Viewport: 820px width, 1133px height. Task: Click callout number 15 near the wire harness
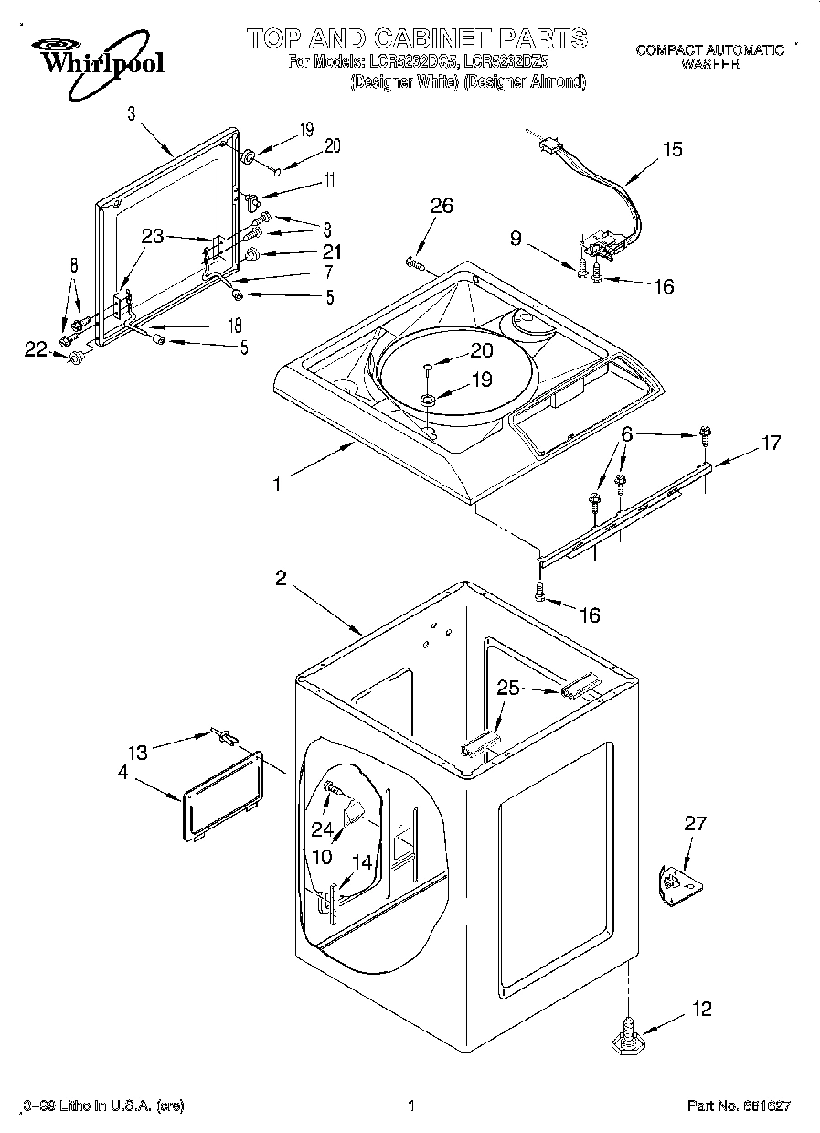[x=672, y=149]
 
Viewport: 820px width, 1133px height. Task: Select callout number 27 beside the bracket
[x=695, y=824]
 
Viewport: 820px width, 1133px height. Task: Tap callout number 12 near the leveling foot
[x=702, y=1010]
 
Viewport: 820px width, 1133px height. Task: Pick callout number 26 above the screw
[x=442, y=207]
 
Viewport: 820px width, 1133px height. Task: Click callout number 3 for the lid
[x=132, y=114]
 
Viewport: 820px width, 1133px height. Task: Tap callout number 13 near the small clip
[x=137, y=752]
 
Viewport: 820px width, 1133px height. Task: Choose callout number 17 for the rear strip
[x=771, y=443]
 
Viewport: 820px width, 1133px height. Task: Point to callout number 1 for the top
[x=277, y=486]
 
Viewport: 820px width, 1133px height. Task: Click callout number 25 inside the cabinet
[x=508, y=688]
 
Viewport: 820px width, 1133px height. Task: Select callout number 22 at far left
[x=35, y=348]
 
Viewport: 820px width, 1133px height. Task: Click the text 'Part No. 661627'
[x=739, y=1106]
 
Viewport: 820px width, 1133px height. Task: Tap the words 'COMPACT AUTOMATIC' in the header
[x=709, y=50]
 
